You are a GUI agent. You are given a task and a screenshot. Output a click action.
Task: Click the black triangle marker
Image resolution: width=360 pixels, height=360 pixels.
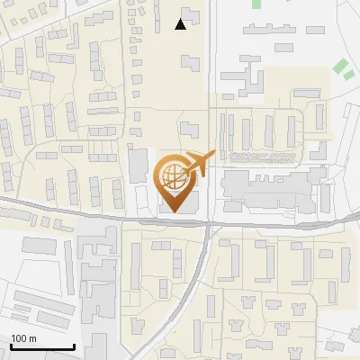coord(181,24)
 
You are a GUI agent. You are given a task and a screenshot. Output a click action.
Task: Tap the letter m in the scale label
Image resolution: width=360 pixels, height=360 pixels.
coord(33,338)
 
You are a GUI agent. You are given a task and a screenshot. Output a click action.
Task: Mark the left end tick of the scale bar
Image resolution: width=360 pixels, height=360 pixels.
coord(11,346)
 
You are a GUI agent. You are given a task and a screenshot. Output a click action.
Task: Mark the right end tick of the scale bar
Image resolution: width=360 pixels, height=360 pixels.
coord(74,346)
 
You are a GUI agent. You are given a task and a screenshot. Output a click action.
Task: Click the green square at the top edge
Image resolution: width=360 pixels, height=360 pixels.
coord(256,4)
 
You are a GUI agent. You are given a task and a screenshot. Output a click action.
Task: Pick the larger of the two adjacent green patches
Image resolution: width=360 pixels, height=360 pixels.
coord(340,65)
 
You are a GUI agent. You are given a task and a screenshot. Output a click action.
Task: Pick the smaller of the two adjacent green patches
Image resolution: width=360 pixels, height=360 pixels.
coord(348,75)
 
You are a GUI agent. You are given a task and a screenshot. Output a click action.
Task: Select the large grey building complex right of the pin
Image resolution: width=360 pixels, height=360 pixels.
coord(270,188)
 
